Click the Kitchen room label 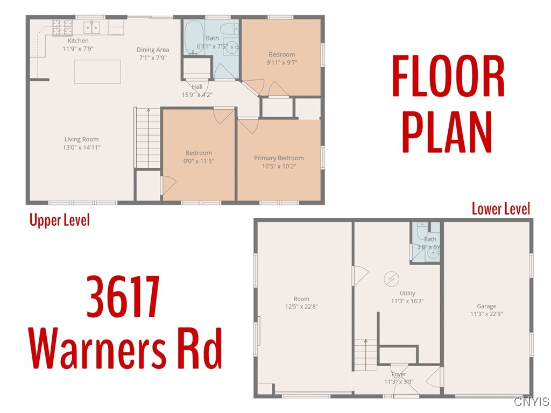click(x=78, y=41)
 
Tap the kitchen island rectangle click(x=97, y=72)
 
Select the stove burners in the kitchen click(x=62, y=25)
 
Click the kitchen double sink click(x=93, y=26)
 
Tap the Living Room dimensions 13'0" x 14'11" click(x=82, y=147)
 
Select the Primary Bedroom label click(x=279, y=158)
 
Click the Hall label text click(x=197, y=87)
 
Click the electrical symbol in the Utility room click(x=391, y=279)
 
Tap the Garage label click(x=486, y=307)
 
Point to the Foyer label click(x=399, y=374)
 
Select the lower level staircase click(x=365, y=355)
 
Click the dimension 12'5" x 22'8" click(x=301, y=307)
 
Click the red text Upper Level click(x=59, y=220)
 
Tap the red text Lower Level click(x=501, y=209)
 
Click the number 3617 click(x=123, y=297)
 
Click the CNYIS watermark click(x=531, y=402)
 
